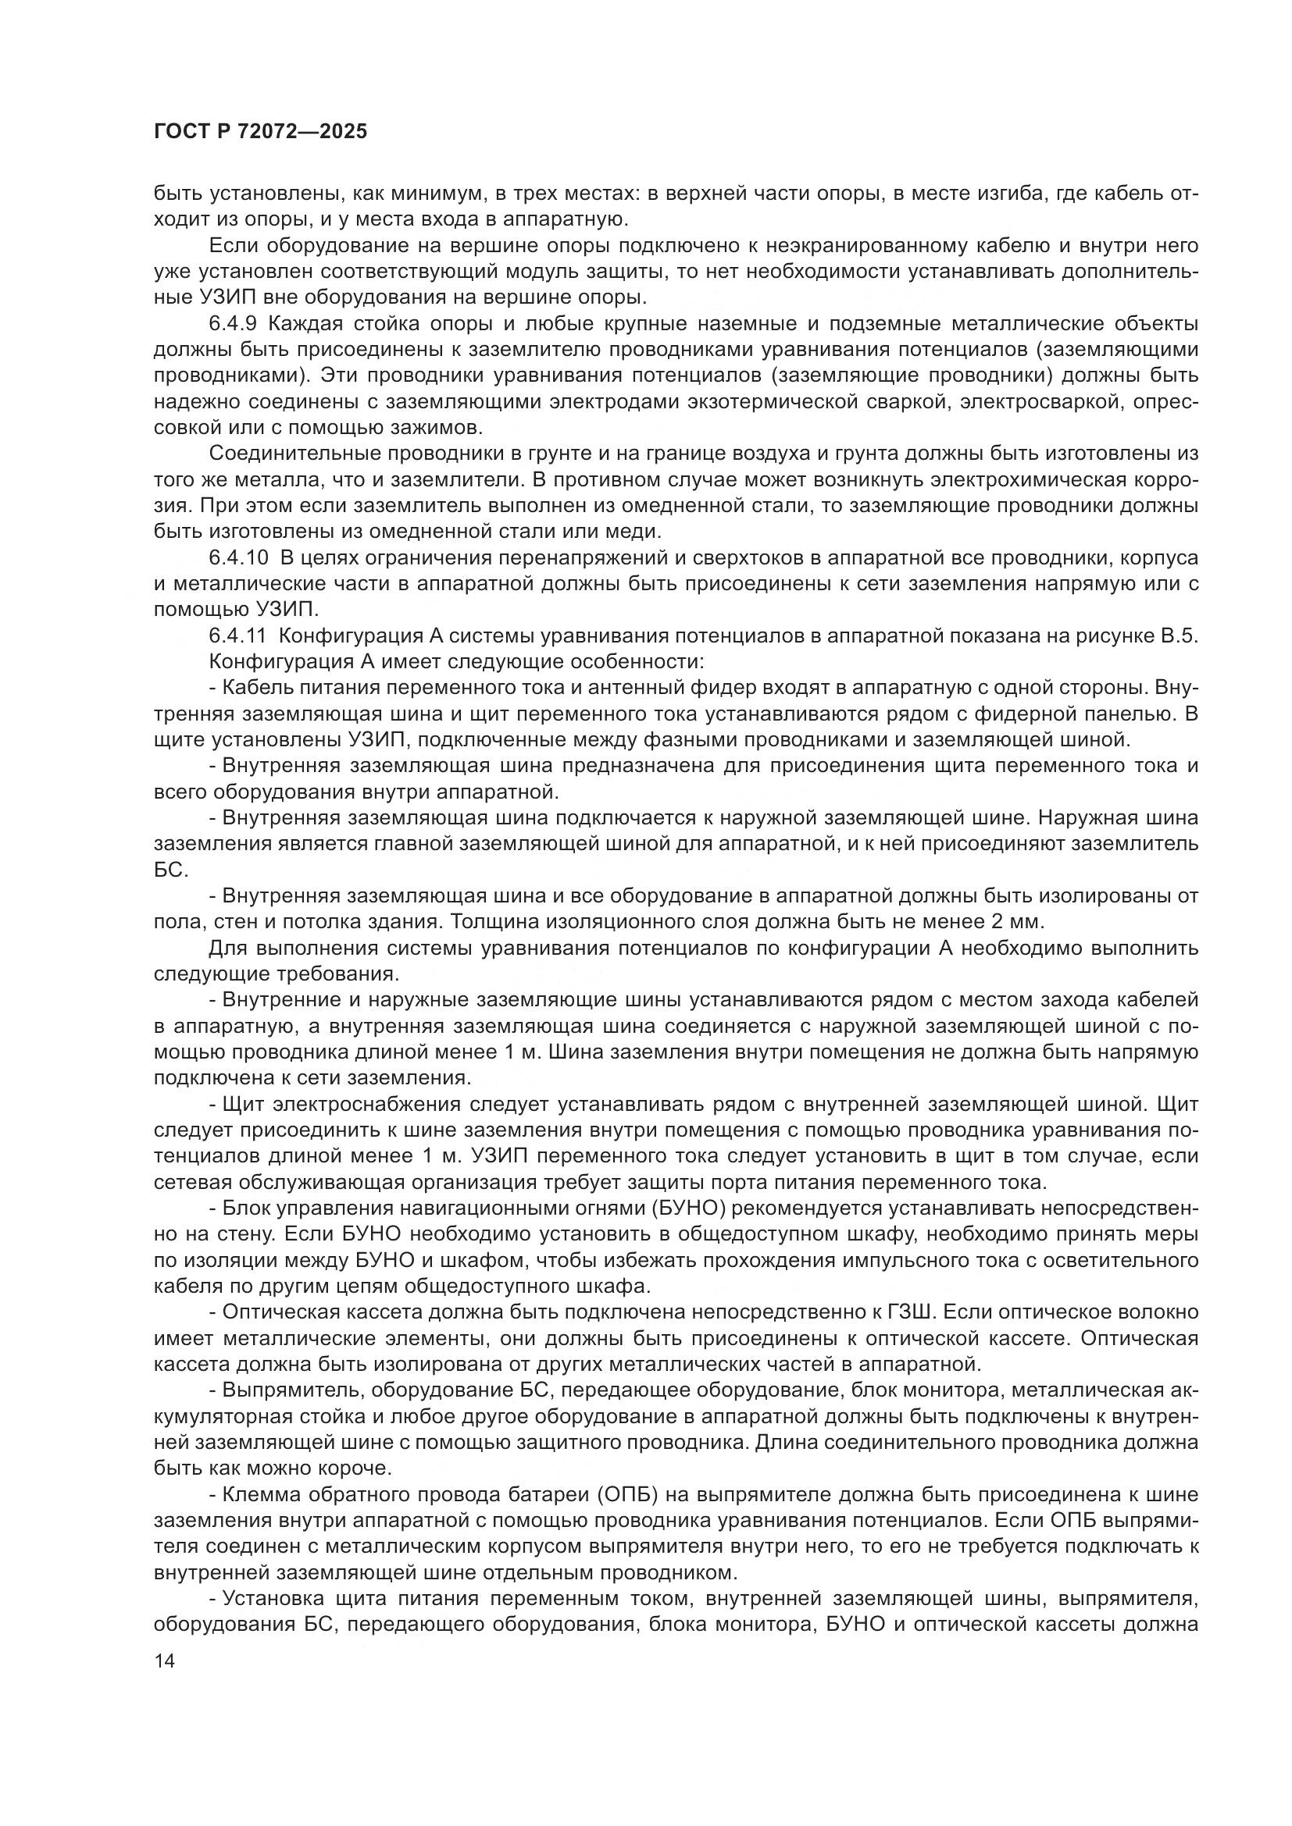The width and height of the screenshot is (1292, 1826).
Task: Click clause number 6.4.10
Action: (240, 558)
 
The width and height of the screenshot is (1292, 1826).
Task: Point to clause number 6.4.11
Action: (240, 636)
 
